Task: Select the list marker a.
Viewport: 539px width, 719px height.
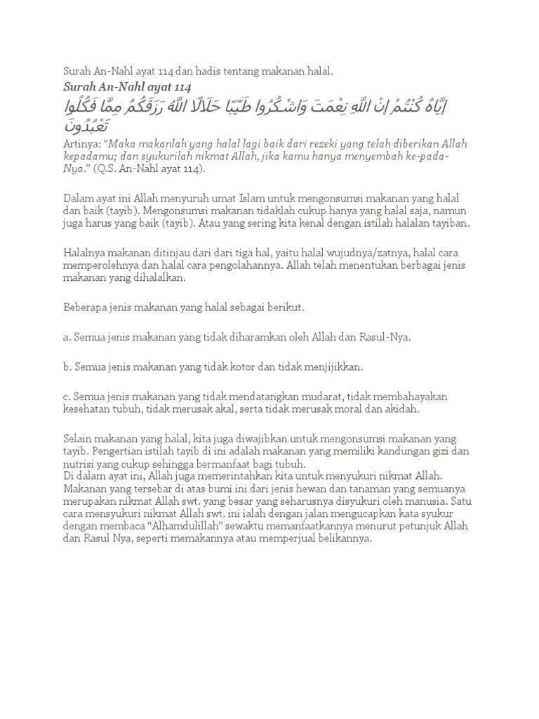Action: point(66,337)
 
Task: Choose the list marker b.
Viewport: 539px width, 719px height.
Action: point(66,367)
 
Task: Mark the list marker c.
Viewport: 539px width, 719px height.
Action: point(66,397)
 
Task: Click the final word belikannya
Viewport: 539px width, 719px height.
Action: point(344,539)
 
